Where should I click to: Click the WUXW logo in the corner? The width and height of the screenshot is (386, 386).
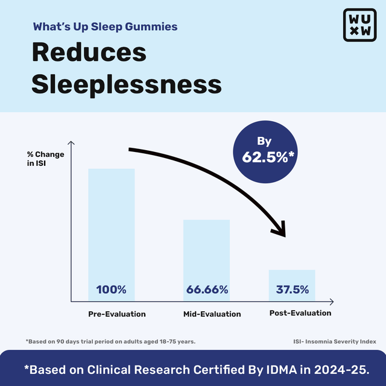[x=359, y=25]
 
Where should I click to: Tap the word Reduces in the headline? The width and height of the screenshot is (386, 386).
[x=89, y=52]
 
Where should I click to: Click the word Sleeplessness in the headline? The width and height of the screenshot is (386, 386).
[x=126, y=84]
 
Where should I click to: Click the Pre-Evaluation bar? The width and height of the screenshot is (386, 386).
[x=112, y=229]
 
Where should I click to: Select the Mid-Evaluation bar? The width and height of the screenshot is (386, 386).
[x=207, y=253]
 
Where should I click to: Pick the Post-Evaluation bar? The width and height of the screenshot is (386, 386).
[x=292, y=280]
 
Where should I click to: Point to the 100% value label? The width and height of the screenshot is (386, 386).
[x=112, y=289]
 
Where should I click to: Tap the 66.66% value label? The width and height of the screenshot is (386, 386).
[x=207, y=289]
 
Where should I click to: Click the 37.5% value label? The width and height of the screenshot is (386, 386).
[x=292, y=289]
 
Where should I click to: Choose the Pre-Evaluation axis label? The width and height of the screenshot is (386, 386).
[x=117, y=314]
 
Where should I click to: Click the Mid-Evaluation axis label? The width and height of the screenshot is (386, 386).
[x=212, y=314]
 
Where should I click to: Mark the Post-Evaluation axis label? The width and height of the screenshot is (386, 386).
[x=300, y=313]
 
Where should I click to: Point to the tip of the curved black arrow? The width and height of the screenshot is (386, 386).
[x=283, y=235]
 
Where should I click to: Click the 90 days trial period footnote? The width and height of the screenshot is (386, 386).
[x=110, y=342]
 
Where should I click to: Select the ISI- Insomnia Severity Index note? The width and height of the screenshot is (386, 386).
[x=332, y=342]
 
